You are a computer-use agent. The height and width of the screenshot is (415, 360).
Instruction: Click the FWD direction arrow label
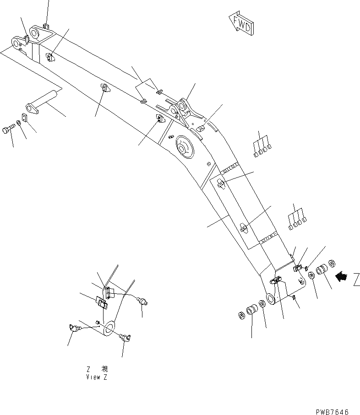(240, 23)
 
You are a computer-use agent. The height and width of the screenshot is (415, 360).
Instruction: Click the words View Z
(97, 377)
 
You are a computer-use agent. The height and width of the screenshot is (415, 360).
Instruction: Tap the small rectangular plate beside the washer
(25, 118)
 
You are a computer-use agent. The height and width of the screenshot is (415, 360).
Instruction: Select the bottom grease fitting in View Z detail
(125, 338)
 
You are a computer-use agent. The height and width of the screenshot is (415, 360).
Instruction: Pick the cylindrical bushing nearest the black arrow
(322, 269)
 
